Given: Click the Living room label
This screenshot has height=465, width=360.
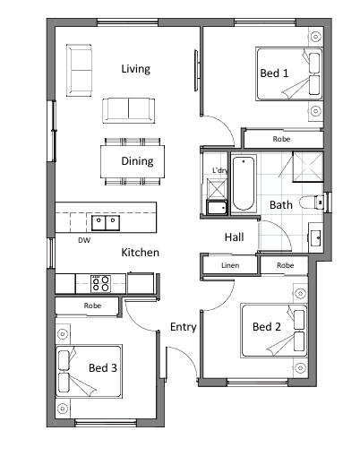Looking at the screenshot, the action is click(135, 69).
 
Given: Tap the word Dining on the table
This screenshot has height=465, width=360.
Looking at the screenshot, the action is click(137, 161).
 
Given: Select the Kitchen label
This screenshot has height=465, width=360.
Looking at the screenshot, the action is click(140, 253).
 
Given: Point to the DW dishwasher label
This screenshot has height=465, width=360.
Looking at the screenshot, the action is click(84, 240).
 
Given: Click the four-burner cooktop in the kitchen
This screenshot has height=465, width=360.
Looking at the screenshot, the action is click(101, 283).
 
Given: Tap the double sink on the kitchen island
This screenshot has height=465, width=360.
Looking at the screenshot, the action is click(106, 223).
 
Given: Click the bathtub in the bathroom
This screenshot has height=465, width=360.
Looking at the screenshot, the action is click(244, 184).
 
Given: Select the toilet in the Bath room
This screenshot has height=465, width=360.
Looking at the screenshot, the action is click(311, 202).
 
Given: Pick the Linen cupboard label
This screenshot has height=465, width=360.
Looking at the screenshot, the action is click(230, 265).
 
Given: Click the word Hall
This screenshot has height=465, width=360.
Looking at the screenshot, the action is click(234, 237).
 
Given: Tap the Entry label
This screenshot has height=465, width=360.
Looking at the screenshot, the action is click(184, 327).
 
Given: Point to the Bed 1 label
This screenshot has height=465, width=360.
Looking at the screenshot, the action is click(274, 73).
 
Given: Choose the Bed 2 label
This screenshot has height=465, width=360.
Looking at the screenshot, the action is click(267, 326).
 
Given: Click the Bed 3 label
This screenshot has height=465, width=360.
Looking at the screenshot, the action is click(103, 367).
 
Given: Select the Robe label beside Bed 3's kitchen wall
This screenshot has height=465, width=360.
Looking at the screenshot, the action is click(92, 306).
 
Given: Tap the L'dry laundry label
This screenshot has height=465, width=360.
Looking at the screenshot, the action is click(219, 170).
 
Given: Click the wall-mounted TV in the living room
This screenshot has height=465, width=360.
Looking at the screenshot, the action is click(196, 71).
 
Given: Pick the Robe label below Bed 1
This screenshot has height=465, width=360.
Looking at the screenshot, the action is click(281, 139).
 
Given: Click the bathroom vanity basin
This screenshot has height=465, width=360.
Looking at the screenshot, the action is click(315, 237).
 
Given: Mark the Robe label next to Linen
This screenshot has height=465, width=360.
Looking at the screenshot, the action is click(286, 265).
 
